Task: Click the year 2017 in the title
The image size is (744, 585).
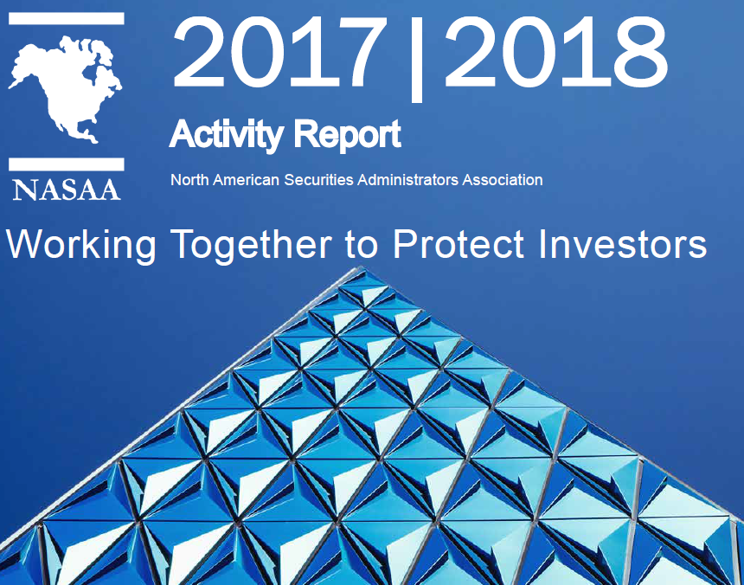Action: [279, 52]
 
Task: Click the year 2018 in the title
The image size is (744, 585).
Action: [555, 52]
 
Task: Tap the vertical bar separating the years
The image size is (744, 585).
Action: [416, 59]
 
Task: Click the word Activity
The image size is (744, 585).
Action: [227, 135]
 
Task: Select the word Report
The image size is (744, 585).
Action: [347, 135]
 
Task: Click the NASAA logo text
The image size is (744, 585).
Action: [66, 190]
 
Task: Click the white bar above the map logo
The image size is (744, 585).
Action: [67, 18]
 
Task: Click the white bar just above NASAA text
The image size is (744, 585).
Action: [67, 164]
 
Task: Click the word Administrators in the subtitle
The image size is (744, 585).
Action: [407, 180]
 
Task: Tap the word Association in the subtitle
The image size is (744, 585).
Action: [503, 180]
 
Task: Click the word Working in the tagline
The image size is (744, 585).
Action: [80, 246]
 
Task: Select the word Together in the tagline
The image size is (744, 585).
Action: [251, 246]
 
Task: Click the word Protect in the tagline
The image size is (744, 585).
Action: [459, 244]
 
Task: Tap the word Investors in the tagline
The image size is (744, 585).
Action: [623, 244]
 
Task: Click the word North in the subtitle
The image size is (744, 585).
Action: [189, 180]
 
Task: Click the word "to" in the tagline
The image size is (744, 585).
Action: [362, 246]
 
